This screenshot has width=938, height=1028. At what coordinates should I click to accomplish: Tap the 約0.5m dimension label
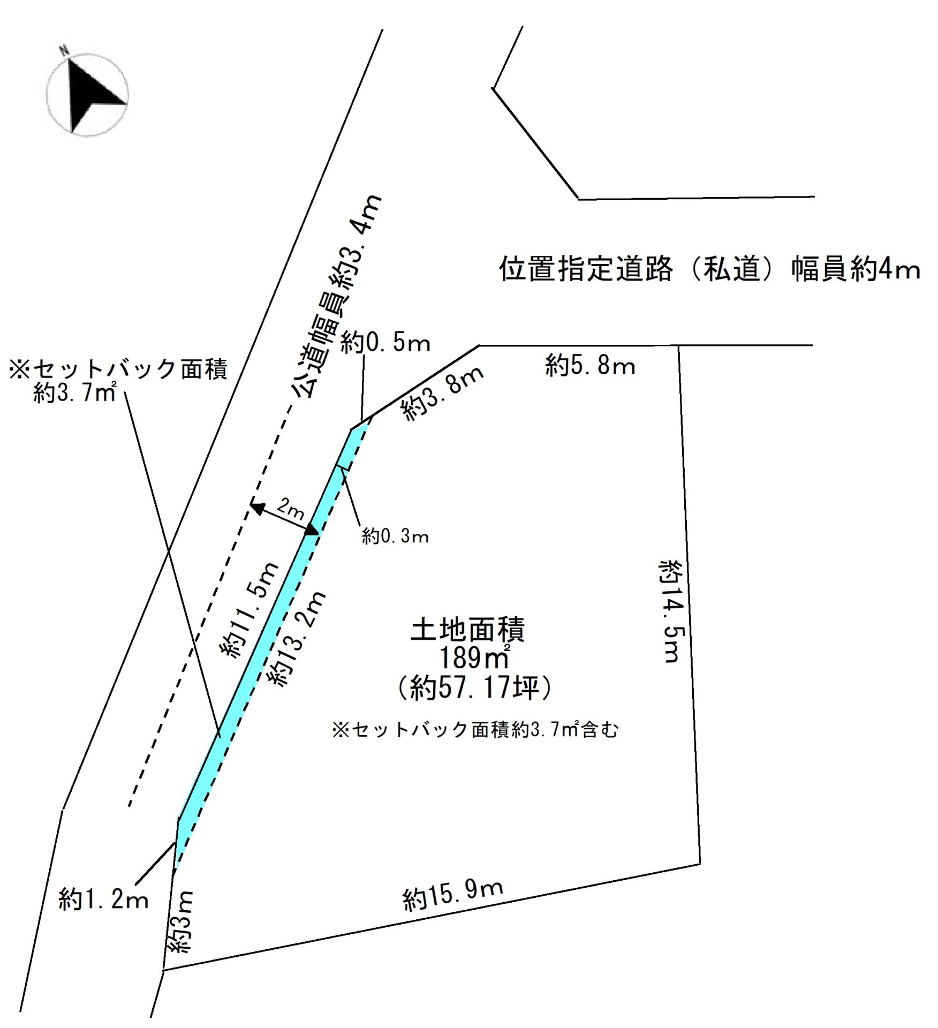385,343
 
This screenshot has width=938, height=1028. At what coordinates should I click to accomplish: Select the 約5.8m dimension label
590,366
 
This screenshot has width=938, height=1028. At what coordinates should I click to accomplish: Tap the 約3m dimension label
181,921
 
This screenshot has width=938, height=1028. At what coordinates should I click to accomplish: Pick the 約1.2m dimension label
103,899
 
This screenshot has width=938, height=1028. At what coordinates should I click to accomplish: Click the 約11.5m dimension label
249,610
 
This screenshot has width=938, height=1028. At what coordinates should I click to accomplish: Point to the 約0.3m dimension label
395,536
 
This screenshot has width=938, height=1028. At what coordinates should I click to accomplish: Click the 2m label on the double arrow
290,509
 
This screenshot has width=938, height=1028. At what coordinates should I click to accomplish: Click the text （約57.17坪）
474,688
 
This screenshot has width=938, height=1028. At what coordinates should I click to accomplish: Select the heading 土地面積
467,630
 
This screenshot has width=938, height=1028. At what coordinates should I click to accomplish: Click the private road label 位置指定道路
586,269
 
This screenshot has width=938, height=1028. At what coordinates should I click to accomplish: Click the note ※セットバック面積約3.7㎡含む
475,729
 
